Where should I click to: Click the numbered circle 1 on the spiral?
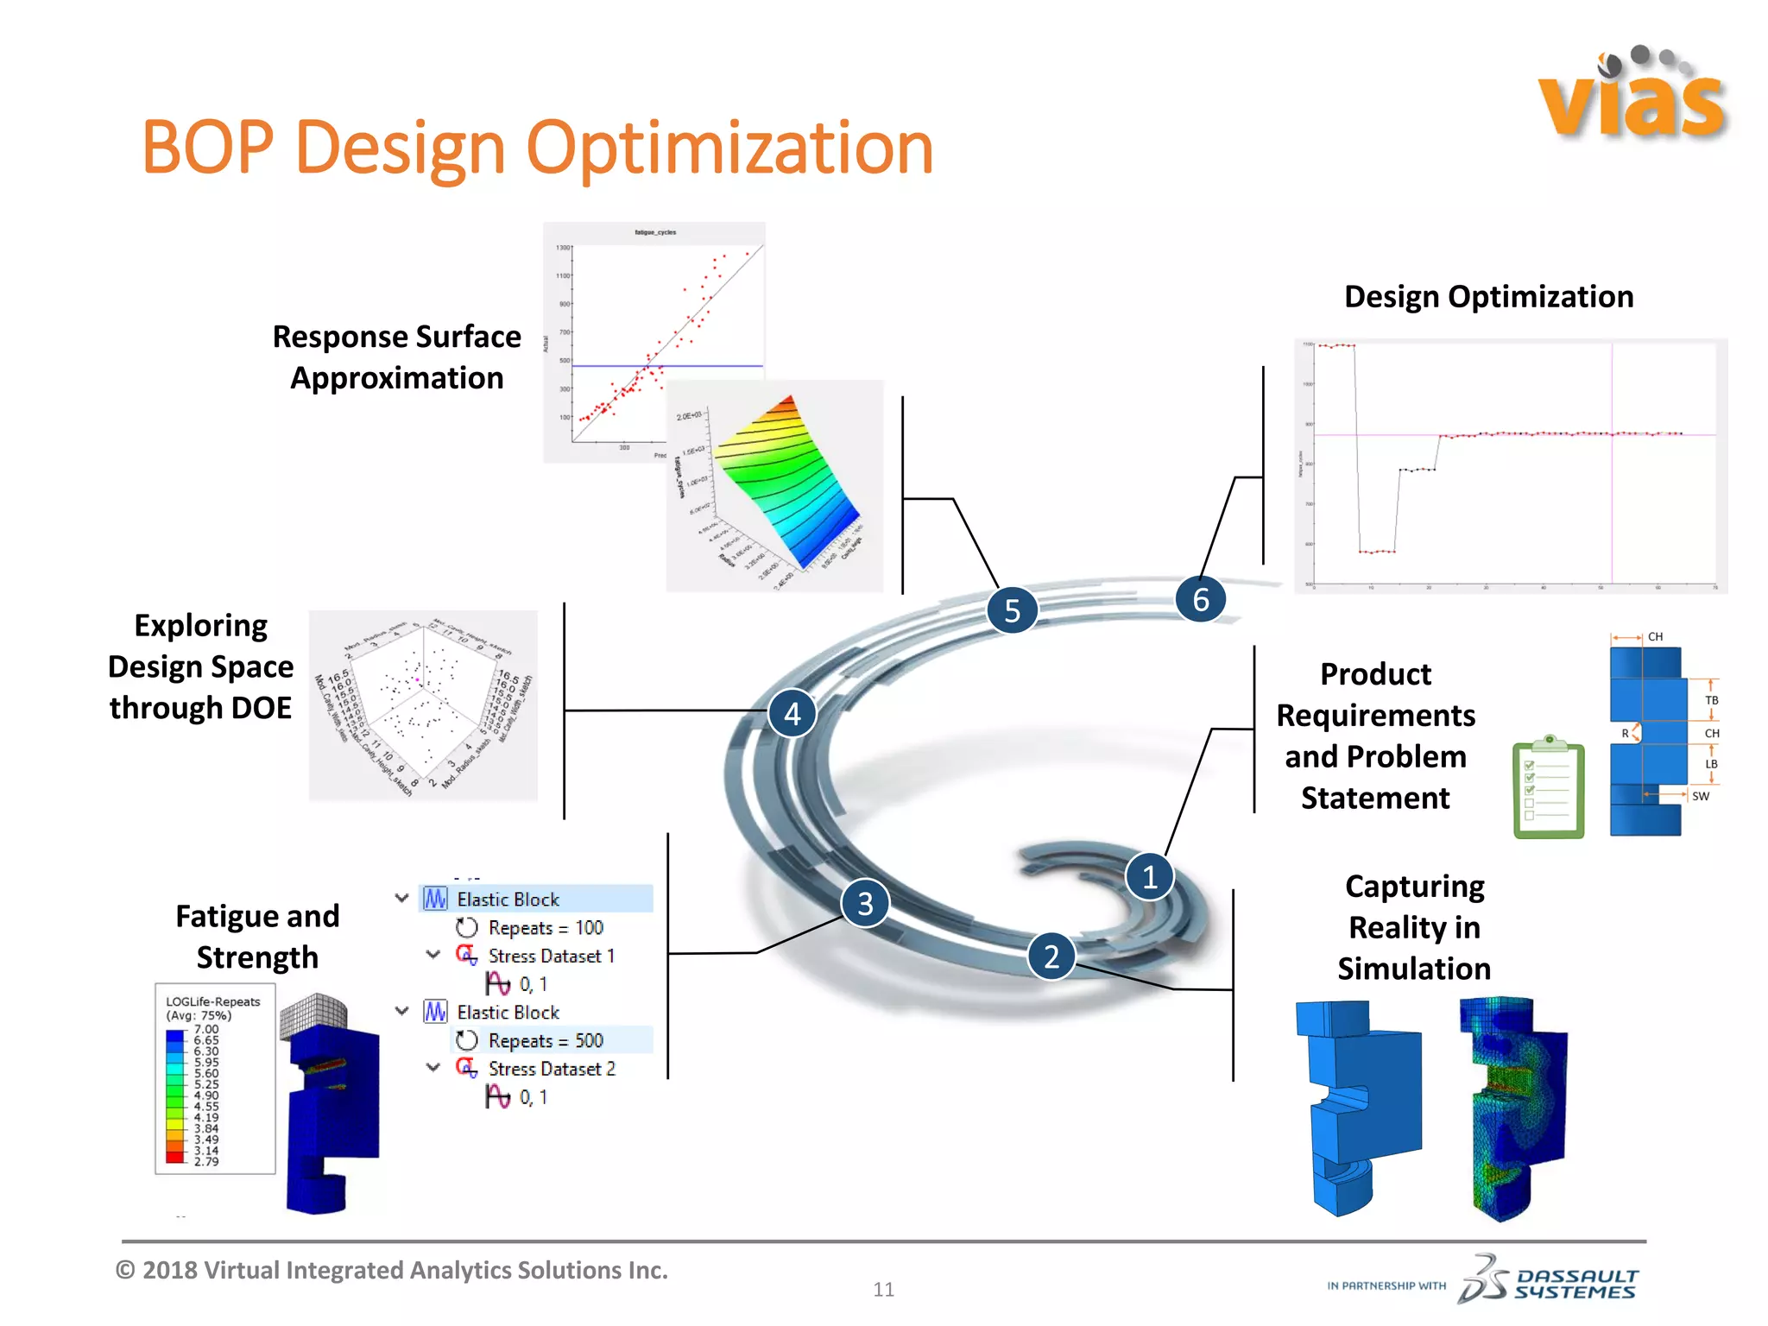click(1149, 877)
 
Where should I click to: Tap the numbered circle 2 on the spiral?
click(1051, 957)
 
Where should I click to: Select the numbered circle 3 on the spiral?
click(865, 903)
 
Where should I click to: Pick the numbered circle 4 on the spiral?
click(792, 713)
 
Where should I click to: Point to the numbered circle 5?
click(1012, 610)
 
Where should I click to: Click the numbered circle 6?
click(1200, 599)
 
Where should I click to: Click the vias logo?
click(1631, 95)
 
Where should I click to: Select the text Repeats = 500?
click(545, 1040)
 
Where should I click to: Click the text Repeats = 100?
click(545, 928)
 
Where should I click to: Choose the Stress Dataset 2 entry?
click(551, 1069)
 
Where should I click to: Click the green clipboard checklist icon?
click(1549, 787)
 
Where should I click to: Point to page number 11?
click(883, 1289)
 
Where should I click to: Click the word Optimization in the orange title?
click(729, 148)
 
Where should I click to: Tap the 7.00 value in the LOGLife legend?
click(206, 1029)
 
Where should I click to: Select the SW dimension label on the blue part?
click(1700, 796)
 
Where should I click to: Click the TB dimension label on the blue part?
click(1711, 700)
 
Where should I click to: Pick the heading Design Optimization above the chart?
click(1488, 297)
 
